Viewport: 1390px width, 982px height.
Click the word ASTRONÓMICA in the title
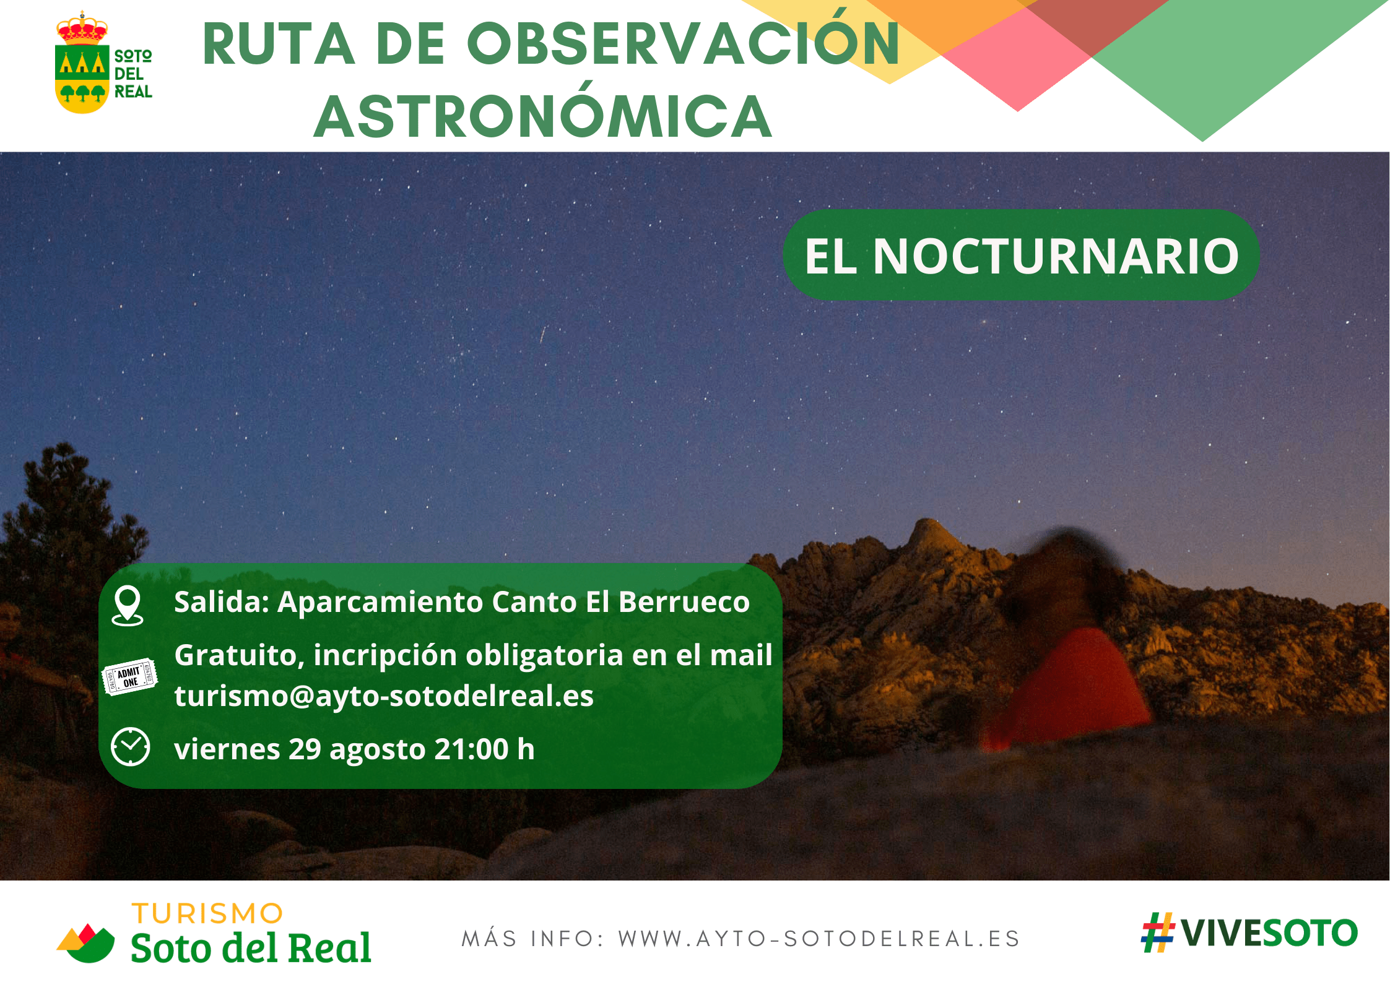[x=543, y=116]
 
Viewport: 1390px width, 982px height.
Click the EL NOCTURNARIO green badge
[x=1022, y=255]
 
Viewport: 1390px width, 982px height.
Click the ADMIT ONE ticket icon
[x=129, y=677]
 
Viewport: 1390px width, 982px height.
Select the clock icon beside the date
[x=130, y=747]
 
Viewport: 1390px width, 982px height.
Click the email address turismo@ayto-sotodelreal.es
[x=384, y=696]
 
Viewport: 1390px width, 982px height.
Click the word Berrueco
[x=684, y=602]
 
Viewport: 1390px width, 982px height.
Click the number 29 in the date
[x=305, y=749]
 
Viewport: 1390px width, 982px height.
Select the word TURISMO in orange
[x=207, y=914]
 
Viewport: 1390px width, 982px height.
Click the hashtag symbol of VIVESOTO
[x=1157, y=932]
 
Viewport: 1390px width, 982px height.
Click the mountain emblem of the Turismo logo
[x=86, y=943]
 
